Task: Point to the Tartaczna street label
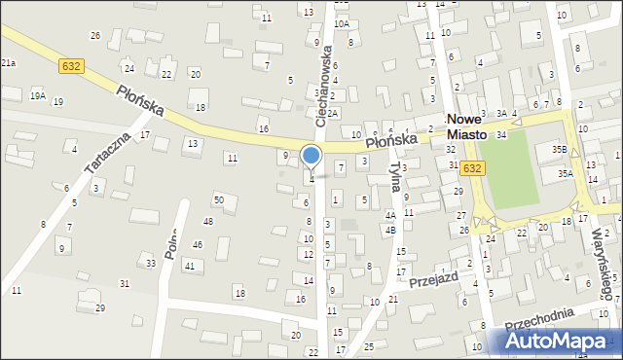pos(107,154)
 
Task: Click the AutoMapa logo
pos(561,342)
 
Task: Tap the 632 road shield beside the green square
pos(472,168)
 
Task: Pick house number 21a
pos(8,62)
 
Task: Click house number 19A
pos(37,95)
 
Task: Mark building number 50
pos(219,200)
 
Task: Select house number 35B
pos(559,149)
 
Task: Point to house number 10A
pos(341,23)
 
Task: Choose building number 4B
pos(390,231)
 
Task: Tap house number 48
pos(207,222)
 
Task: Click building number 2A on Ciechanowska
pos(333,114)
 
